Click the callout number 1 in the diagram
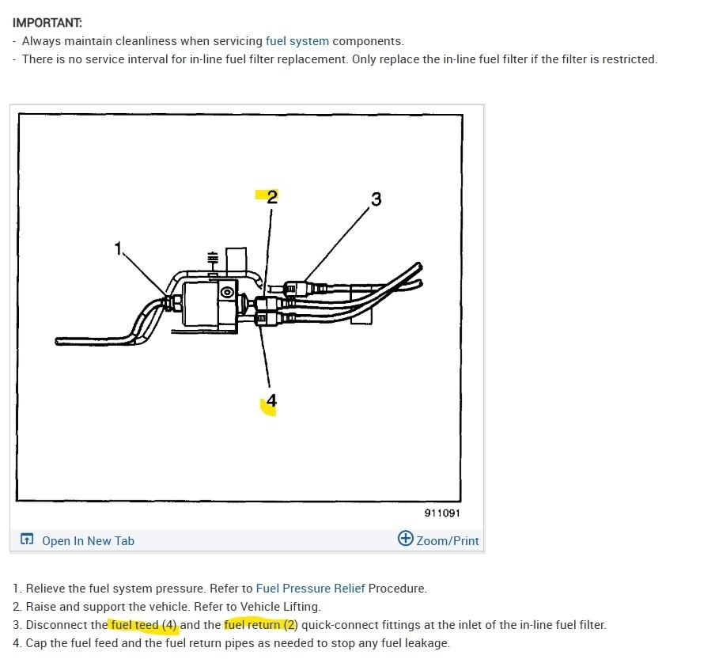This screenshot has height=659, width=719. [x=119, y=249]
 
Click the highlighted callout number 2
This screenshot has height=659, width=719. [x=271, y=197]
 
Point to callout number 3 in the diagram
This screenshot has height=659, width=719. [x=376, y=199]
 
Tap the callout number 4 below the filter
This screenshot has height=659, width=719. [x=271, y=401]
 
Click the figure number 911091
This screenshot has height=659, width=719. [x=442, y=513]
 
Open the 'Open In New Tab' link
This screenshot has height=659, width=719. [x=88, y=541]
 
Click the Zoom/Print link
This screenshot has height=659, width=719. [x=448, y=541]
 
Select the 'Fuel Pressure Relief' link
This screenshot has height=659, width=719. [x=311, y=589]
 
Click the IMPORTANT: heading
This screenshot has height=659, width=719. [x=47, y=23]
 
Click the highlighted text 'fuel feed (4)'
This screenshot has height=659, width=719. [x=144, y=625]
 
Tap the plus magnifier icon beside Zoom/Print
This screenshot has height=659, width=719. [x=405, y=540]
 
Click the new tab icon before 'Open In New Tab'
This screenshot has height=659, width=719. [x=27, y=540]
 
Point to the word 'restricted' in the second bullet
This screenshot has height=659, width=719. [x=629, y=59]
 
